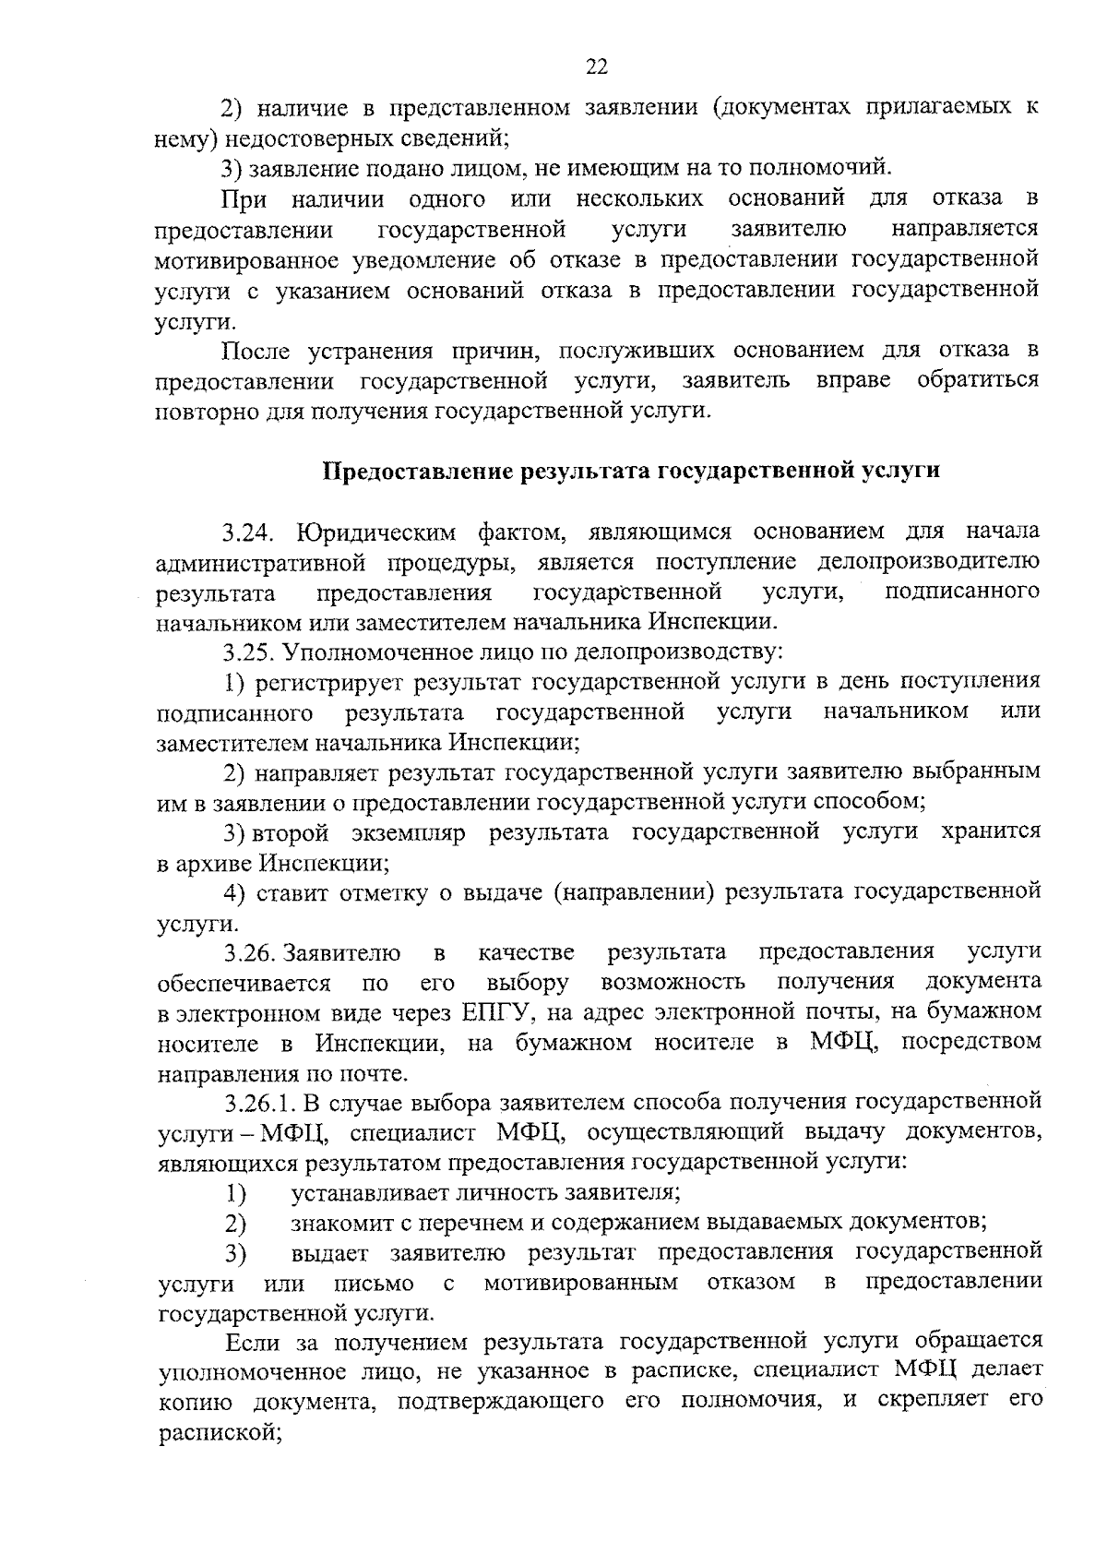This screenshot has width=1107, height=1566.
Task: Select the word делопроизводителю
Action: click(928, 561)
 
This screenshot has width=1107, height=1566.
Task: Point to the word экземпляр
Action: click(408, 832)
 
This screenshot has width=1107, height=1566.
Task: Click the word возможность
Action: click(673, 981)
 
